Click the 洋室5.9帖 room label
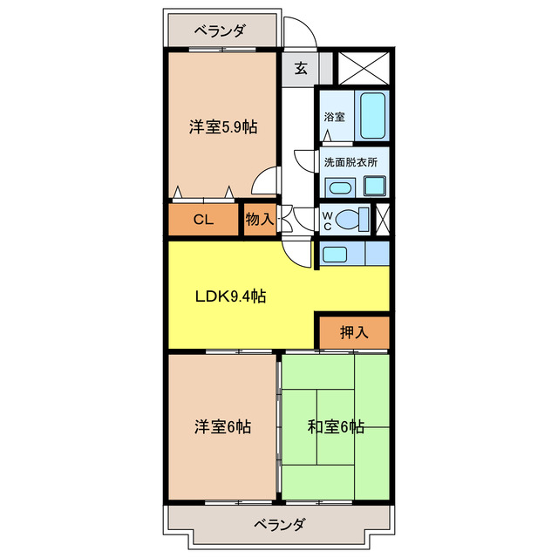pyautogui.click(x=223, y=127)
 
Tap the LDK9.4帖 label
pyautogui.click(x=230, y=296)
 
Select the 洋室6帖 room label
pyautogui.click(x=223, y=427)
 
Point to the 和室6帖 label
pyautogui.click(x=336, y=427)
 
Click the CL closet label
pyautogui.click(x=203, y=220)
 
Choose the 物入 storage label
pyautogui.click(x=260, y=220)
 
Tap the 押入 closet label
pyautogui.click(x=354, y=331)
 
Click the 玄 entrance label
pyautogui.click(x=300, y=69)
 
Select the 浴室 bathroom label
pyautogui.click(x=333, y=116)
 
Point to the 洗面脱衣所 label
pyautogui.click(x=350, y=162)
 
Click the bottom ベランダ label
pyautogui.click(x=280, y=525)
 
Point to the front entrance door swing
pyautogui.click(x=301, y=33)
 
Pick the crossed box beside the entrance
pyautogui.click(x=361, y=68)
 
